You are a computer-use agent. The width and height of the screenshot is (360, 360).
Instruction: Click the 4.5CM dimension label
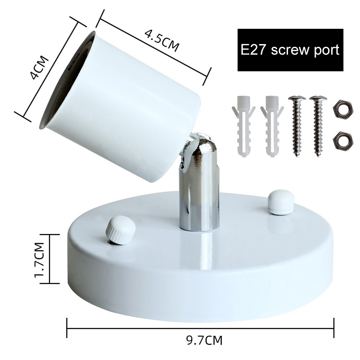pyautogui.click(x=162, y=40)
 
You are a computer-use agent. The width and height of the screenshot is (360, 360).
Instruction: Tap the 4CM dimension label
pyautogui.click(x=40, y=68)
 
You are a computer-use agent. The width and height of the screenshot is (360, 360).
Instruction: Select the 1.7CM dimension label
pyautogui.click(x=39, y=260)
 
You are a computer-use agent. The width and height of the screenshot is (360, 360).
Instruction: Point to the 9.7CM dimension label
pyautogui.click(x=204, y=340)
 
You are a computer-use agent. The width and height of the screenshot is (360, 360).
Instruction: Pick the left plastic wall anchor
pyautogui.click(x=243, y=126)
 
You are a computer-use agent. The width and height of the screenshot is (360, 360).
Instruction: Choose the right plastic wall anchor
pyautogui.click(x=272, y=126)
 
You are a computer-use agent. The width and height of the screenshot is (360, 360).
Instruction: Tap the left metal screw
pyautogui.click(x=297, y=126)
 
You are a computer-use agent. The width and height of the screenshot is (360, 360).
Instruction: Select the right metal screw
pyautogui.click(x=318, y=126)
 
